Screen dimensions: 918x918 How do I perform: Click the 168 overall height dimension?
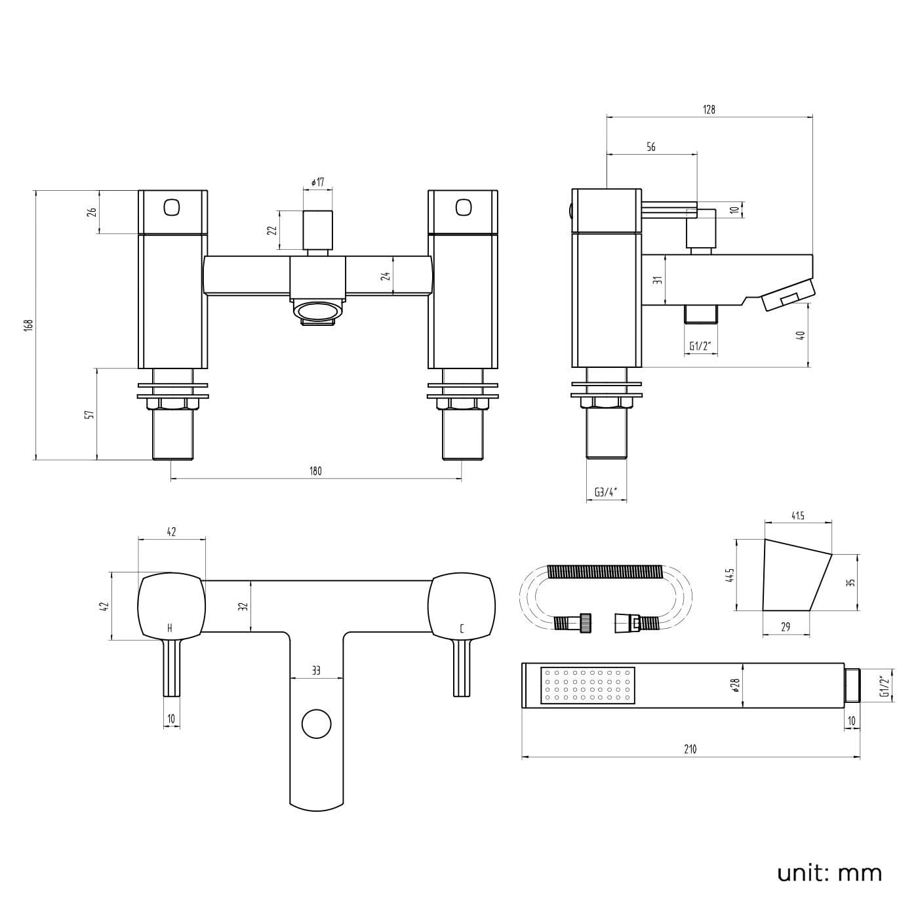(x=28, y=325)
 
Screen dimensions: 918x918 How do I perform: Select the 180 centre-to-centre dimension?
(x=315, y=471)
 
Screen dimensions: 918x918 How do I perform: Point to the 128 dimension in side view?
(x=709, y=110)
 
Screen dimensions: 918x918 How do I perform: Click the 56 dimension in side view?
(x=651, y=147)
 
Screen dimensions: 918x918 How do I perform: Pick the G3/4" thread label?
(x=605, y=492)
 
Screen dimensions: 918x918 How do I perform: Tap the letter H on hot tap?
(x=170, y=629)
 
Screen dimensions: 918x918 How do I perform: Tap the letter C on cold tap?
(x=462, y=629)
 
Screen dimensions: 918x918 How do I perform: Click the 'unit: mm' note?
(x=829, y=872)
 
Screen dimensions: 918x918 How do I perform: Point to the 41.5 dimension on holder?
(x=797, y=516)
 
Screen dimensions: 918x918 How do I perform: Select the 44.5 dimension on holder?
(x=729, y=575)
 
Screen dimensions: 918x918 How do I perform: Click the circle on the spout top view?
(x=317, y=725)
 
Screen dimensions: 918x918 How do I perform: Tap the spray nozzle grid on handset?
(x=588, y=686)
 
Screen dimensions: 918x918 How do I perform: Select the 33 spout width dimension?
(x=316, y=671)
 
